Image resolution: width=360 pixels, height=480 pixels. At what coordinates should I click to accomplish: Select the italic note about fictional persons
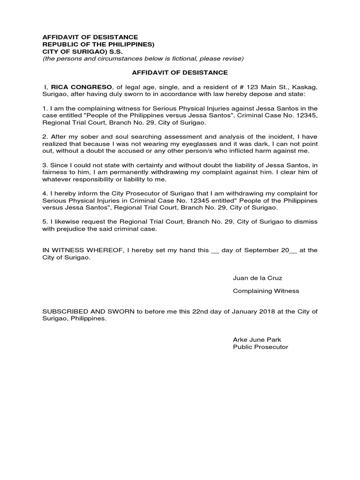tap(143, 59)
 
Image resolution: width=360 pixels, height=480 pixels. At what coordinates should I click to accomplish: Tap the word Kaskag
tap(304, 87)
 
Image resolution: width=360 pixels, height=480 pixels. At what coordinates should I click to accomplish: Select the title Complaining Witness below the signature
tap(266, 291)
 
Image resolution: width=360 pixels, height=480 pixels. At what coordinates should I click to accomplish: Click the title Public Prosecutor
tap(261, 347)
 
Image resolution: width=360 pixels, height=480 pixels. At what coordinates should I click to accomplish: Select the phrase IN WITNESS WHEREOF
tap(80, 250)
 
